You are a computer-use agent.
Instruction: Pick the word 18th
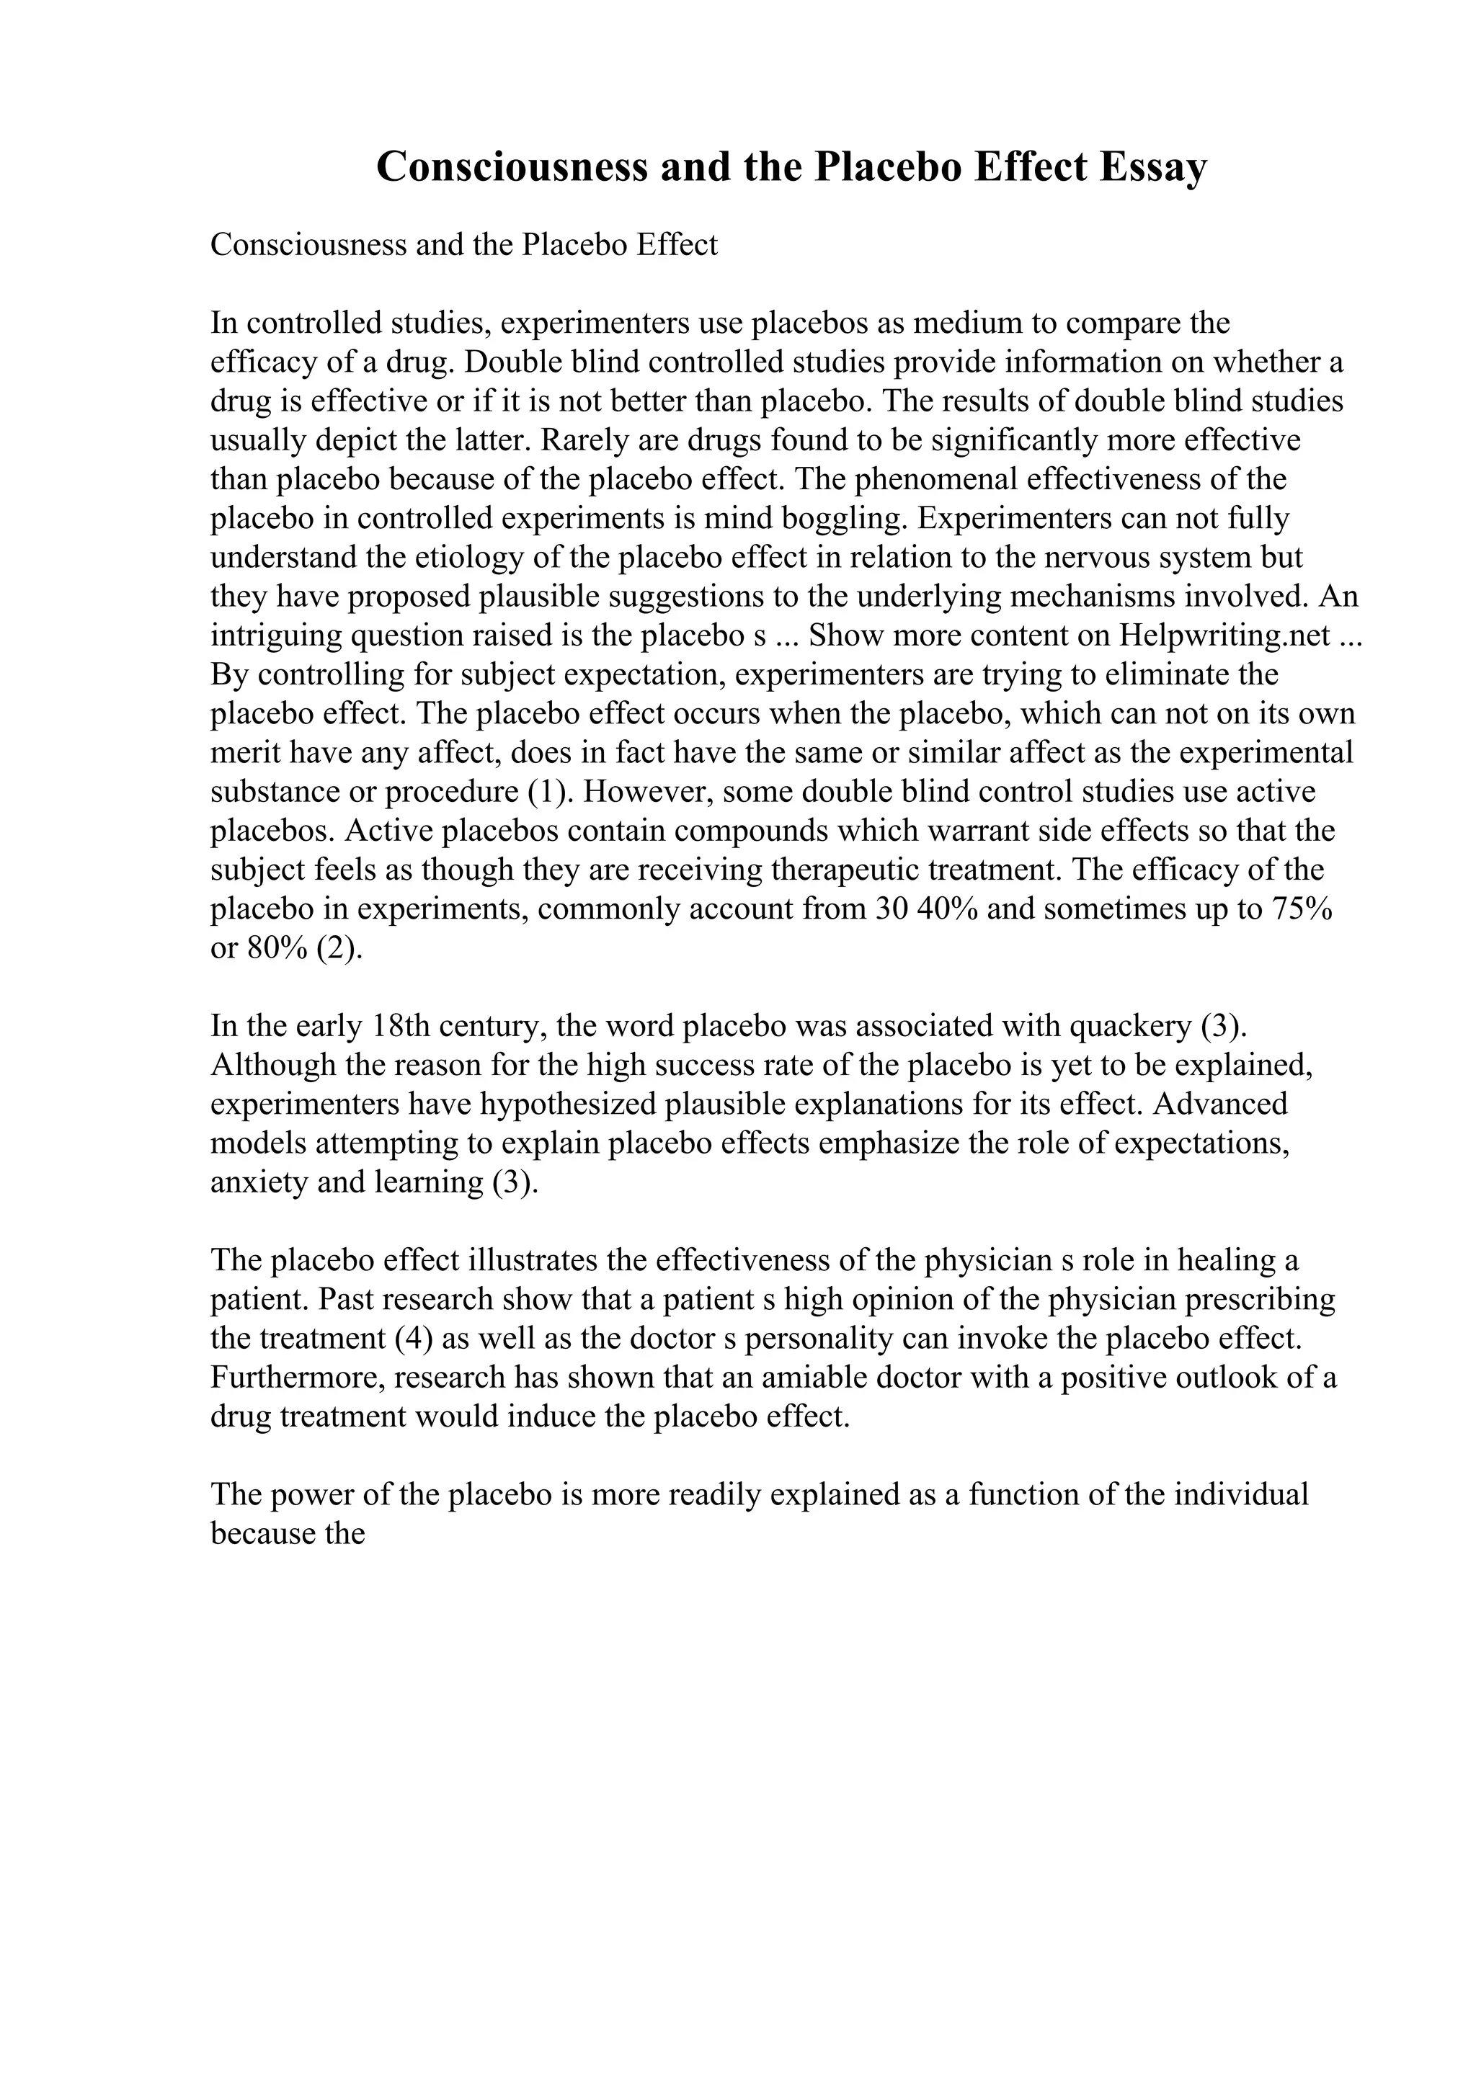click(400, 1026)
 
